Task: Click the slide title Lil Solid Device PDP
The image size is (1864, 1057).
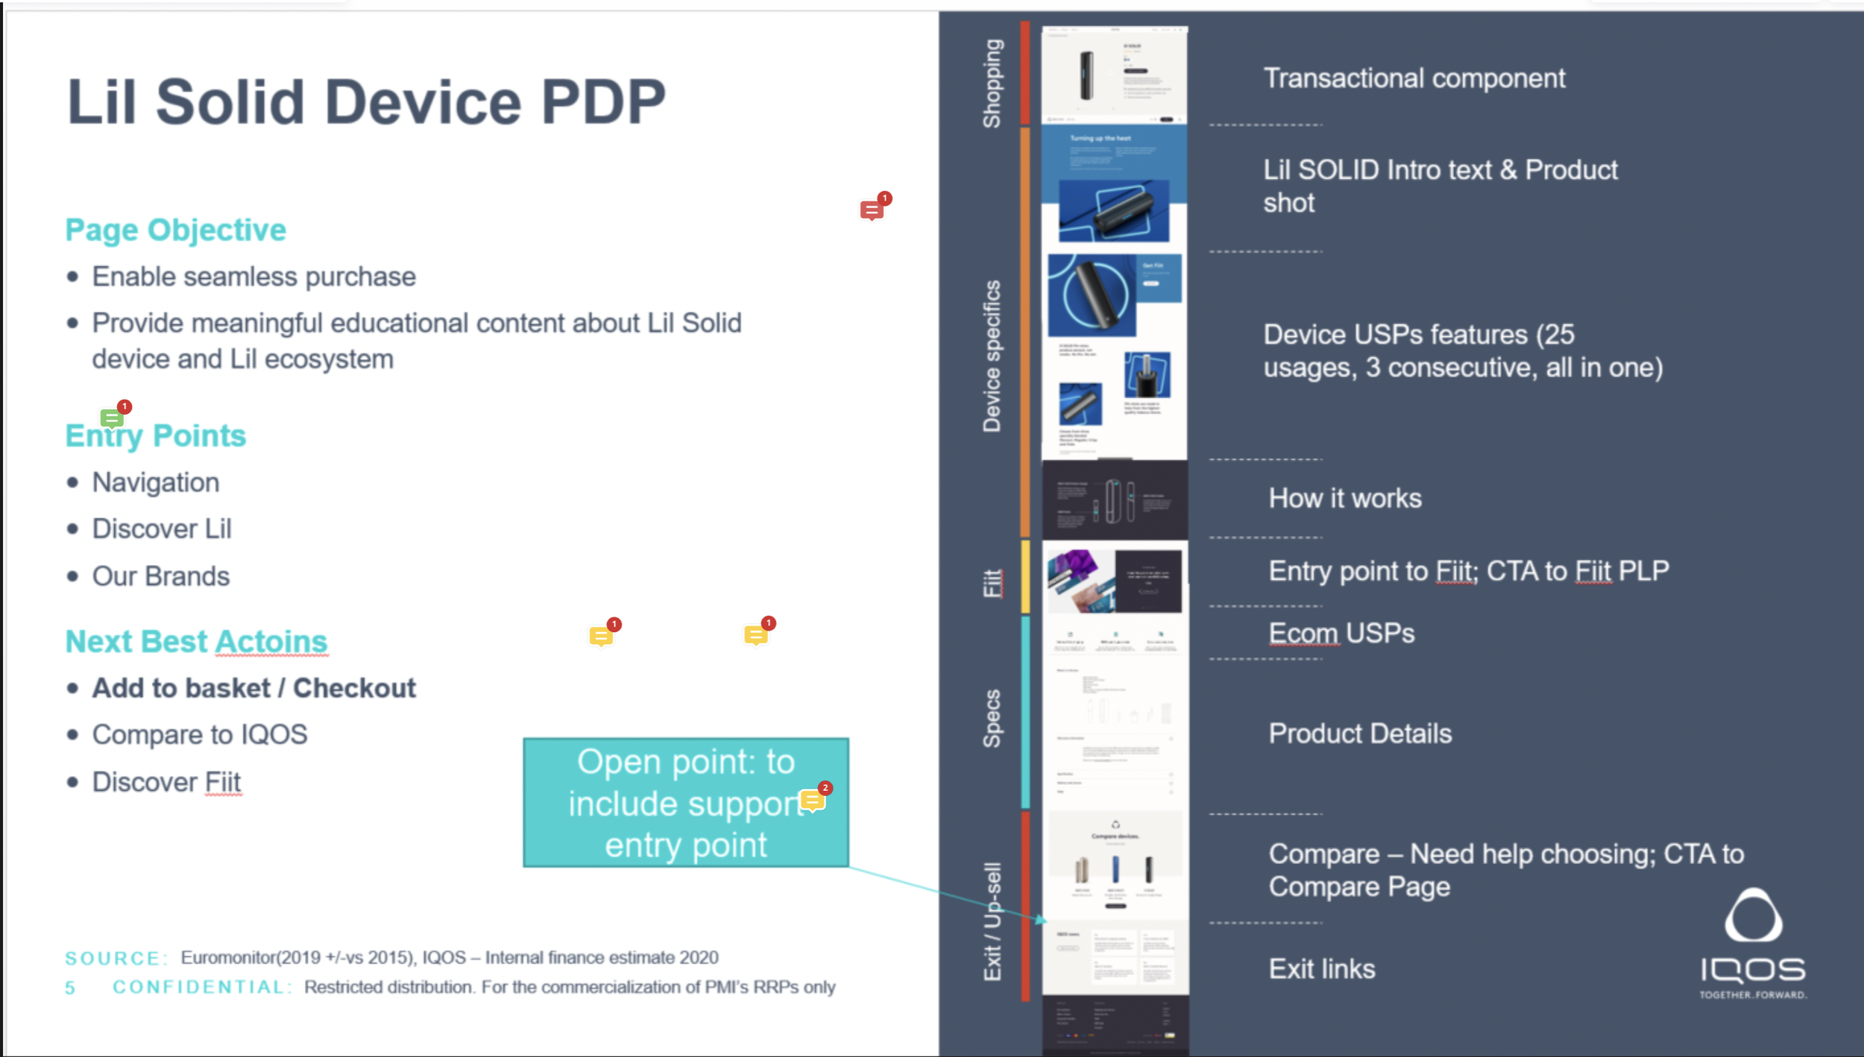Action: (365, 102)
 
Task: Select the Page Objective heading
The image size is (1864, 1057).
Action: (175, 230)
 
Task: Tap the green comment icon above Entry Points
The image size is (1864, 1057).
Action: (112, 418)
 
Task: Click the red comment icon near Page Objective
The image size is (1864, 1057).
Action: (872, 209)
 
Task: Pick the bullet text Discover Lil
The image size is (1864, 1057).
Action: (162, 528)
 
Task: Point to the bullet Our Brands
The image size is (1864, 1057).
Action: (160, 576)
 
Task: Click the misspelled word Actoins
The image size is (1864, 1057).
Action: (271, 642)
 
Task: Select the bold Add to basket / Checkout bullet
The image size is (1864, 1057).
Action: (254, 688)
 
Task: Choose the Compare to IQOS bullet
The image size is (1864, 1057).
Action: (199, 735)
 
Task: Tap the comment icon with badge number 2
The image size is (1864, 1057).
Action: (812, 801)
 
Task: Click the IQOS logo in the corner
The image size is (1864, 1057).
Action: (1753, 943)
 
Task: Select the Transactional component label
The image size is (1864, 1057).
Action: (1414, 78)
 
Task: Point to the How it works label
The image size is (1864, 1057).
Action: (1344, 498)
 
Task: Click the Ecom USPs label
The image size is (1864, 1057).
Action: (1341, 633)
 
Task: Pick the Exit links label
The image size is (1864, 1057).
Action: (1321, 968)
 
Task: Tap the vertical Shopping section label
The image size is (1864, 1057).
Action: (992, 83)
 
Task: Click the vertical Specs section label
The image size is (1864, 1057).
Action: (992, 718)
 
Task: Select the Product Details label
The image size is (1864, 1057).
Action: (1359, 733)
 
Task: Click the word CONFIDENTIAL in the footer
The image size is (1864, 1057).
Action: (199, 987)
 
